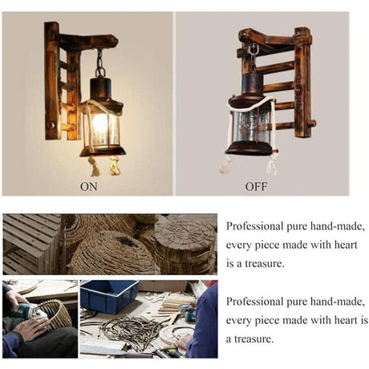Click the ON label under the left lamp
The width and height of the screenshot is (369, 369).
(89, 186)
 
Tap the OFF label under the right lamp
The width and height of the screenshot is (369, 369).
(256, 186)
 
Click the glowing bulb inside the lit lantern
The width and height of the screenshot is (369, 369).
(99, 123)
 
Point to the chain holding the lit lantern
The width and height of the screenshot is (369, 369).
(100, 63)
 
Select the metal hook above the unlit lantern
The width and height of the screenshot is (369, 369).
(252, 51)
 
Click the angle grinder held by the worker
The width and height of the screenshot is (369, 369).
(30, 311)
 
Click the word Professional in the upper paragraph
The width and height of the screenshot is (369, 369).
(254, 226)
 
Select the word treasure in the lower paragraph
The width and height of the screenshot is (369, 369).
(254, 339)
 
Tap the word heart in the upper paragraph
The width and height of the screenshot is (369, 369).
(346, 245)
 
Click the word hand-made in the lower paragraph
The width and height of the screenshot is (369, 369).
(338, 302)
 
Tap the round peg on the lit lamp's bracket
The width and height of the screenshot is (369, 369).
(51, 125)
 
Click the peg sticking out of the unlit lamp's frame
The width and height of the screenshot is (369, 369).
(311, 124)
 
